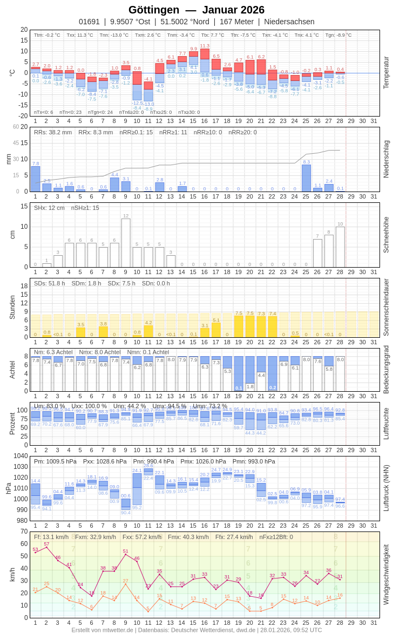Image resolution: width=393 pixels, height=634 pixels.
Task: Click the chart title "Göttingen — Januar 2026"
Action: [196, 10]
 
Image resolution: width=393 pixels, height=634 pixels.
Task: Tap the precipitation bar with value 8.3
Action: [306, 178]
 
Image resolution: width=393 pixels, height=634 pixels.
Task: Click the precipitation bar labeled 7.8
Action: [36, 179]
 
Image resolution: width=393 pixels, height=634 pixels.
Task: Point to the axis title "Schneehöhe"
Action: [386, 235]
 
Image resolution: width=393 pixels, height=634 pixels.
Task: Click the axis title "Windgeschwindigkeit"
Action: [386, 574]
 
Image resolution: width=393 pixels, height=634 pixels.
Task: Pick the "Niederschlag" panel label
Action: [386, 159]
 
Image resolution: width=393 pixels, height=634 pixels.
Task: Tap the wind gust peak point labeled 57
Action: [46, 548]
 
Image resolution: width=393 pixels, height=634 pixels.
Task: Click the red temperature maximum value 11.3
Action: [205, 46]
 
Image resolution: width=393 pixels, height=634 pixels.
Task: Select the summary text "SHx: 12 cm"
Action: [49, 208]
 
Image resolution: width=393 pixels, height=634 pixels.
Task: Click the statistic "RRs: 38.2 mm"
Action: [53, 132]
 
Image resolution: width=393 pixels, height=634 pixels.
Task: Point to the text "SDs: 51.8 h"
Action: [50, 283]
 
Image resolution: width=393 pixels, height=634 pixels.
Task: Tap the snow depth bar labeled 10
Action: [340, 247]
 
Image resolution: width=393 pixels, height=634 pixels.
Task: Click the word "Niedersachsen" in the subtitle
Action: [289, 22]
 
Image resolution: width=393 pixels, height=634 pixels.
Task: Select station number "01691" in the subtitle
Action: [89, 22]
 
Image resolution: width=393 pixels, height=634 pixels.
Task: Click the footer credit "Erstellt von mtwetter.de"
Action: [103, 630]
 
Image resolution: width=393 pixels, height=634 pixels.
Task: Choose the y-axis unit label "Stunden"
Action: [12, 307]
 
